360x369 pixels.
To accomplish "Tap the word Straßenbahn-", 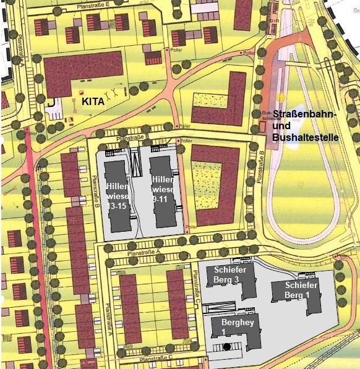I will pos(306,116).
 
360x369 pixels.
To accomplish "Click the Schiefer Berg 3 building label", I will pos(231,274).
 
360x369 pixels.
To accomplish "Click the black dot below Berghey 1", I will pos(228,347).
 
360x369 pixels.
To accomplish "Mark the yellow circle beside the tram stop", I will pos(281,97).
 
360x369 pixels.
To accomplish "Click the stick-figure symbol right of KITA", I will pos(111,95).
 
